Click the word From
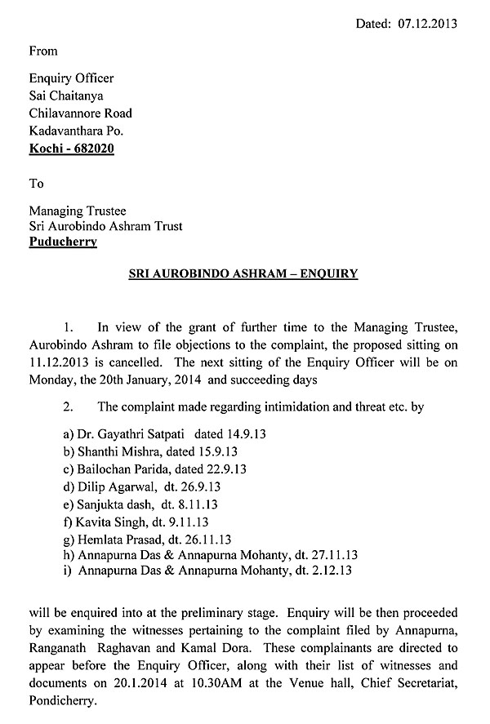point(43,51)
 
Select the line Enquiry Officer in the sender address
point(71,79)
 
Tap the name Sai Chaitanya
point(67,96)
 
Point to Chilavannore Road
point(80,113)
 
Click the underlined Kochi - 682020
point(71,148)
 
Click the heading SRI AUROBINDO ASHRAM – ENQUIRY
point(243,274)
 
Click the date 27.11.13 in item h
point(335,555)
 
